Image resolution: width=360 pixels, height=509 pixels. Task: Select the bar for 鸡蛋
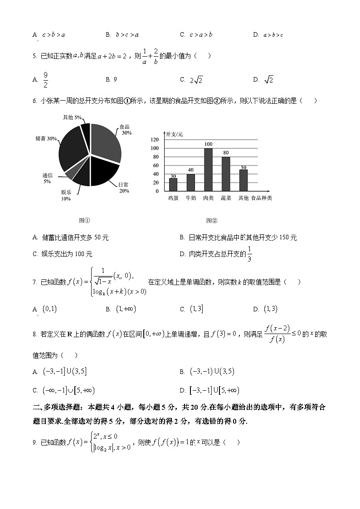173,184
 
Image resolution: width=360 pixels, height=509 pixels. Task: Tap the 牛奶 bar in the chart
190,182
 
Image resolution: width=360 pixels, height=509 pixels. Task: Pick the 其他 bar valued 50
243,180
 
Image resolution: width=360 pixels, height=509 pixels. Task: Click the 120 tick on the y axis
155,140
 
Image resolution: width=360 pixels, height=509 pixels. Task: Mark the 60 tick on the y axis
156,165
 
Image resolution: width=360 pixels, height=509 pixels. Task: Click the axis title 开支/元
175,134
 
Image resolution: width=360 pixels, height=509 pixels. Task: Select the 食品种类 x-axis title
262,198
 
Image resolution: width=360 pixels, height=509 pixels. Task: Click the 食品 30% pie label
126,130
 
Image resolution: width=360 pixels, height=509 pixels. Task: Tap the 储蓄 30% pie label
46,138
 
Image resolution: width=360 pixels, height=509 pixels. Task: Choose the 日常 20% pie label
123,188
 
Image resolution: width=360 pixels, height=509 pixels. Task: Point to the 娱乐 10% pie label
66,195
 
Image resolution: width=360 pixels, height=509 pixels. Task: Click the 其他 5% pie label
73,117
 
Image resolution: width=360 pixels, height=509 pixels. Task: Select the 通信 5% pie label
47,178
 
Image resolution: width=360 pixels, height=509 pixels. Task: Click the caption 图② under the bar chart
212,221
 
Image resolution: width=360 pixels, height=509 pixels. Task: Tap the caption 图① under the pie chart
84,221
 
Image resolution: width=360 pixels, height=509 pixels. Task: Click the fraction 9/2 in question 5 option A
45,80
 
